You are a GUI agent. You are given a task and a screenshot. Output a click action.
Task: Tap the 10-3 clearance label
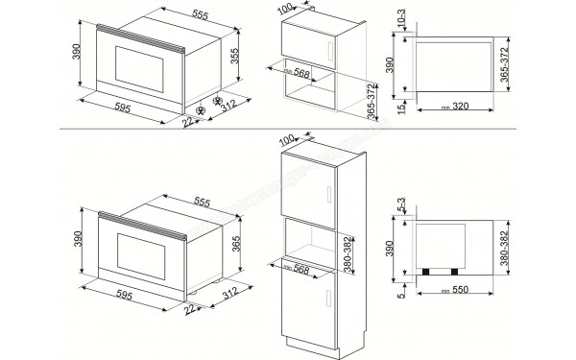pos(399,21)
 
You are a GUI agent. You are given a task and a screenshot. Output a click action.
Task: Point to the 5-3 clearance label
pos(399,206)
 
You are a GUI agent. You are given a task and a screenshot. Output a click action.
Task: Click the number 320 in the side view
pos(460,108)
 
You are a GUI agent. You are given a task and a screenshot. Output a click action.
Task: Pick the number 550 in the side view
pos(460,289)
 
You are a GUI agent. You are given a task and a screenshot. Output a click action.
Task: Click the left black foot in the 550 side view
pos(425,271)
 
